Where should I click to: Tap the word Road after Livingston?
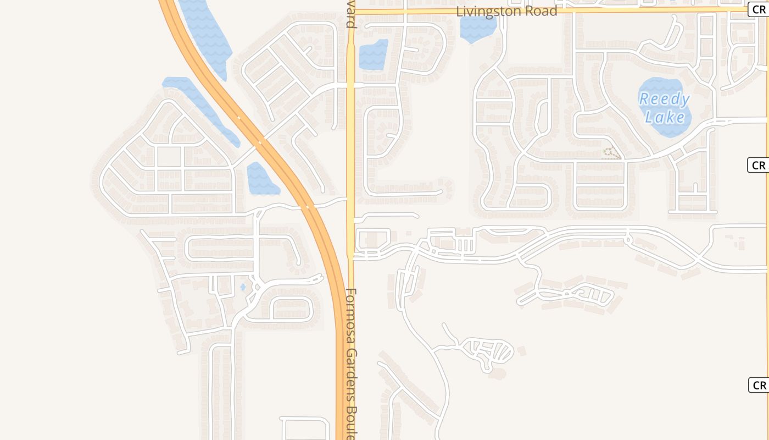pyautogui.click(x=540, y=12)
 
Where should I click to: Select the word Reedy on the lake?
pyautogui.click(x=664, y=100)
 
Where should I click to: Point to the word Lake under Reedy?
pyautogui.click(x=665, y=117)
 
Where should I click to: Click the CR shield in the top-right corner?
pyautogui.click(x=759, y=9)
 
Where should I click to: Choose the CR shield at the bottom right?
pyautogui.click(x=759, y=385)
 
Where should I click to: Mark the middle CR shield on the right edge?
pyautogui.click(x=759, y=165)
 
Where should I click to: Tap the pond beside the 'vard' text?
pyautogui.click(x=373, y=55)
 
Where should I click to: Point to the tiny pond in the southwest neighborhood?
pyautogui.click(x=243, y=287)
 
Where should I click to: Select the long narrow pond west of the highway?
pyautogui.click(x=200, y=107)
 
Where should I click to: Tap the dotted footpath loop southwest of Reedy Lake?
pyautogui.click(x=611, y=153)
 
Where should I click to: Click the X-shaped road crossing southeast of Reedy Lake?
pyautogui.click(x=698, y=258)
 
